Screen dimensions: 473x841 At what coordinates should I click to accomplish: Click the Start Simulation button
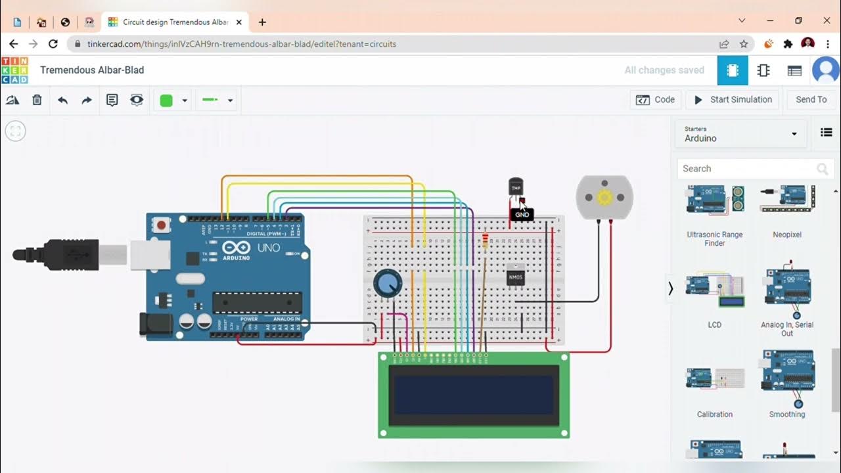point(733,100)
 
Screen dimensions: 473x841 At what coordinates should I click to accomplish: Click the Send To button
point(811,100)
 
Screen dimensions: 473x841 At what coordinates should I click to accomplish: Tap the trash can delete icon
point(37,100)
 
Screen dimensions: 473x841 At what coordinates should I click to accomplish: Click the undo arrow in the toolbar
point(62,100)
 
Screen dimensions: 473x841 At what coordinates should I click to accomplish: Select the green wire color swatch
point(167,101)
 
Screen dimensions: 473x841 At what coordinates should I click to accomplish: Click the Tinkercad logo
point(14,70)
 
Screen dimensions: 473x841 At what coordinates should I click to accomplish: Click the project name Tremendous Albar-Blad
point(92,70)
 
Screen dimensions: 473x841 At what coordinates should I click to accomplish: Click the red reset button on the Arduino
point(161,225)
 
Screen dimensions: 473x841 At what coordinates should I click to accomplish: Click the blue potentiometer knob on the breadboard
point(387,284)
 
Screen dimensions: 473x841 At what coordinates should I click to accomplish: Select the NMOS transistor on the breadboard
point(516,278)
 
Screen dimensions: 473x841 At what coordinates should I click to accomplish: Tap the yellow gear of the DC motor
point(604,196)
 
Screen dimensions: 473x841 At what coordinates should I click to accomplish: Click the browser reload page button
point(53,44)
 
